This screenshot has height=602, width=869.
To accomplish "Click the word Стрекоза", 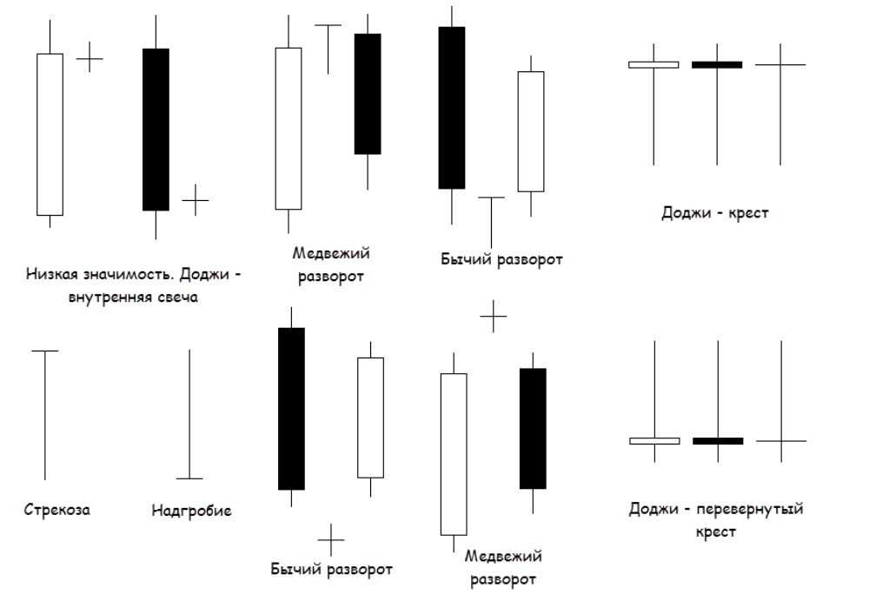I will click(56, 510).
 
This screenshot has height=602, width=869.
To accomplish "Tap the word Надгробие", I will click(191, 511).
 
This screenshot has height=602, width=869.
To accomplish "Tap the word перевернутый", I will click(753, 509).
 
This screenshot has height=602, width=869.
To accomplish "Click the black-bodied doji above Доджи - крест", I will click(717, 64).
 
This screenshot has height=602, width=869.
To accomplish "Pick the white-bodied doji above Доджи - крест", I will click(653, 64).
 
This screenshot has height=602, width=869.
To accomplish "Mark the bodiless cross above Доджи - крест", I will click(780, 64).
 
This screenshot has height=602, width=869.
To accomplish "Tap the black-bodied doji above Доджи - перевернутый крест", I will click(718, 441).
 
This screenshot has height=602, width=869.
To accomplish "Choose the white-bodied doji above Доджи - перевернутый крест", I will click(654, 441).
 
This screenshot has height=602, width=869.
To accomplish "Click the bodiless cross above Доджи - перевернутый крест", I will click(781, 441).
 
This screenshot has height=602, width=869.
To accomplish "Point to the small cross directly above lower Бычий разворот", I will click(331, 539).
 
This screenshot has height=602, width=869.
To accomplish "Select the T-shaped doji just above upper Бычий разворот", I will click(491, 222).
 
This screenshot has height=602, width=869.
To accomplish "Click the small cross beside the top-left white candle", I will click(90, 58).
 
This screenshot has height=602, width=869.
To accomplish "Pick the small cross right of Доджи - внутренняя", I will click(196, 200).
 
